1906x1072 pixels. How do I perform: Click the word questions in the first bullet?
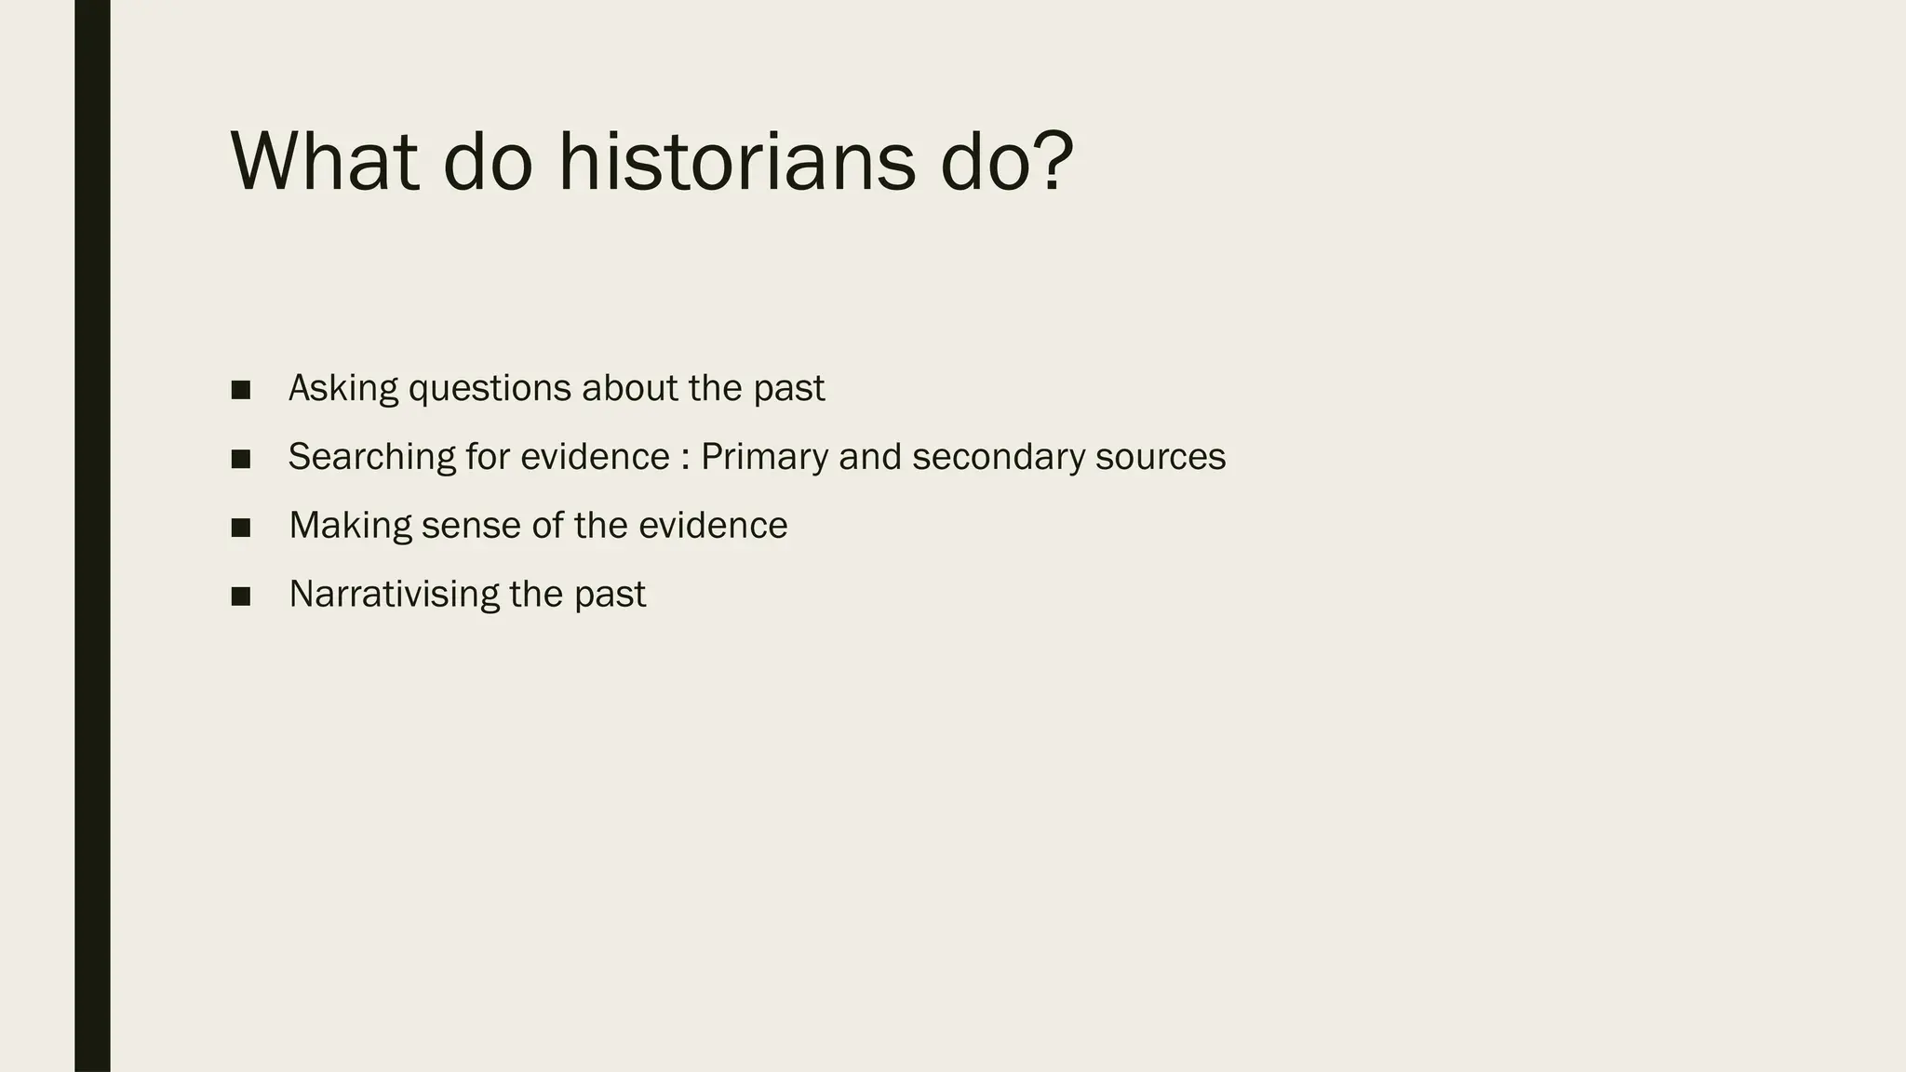[x=490, y=389]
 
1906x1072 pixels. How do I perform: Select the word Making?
[x=350, y=526]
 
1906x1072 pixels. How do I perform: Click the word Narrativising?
[x=394, y=595]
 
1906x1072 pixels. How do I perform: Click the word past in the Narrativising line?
[x=610, y=596]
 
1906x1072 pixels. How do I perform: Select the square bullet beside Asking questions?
[x=241, y=390]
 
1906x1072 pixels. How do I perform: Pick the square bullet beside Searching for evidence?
[x=241, y=459]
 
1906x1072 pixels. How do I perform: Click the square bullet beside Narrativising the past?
[x=241, y=596]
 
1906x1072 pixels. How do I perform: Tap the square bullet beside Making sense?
[x=241, y=528]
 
